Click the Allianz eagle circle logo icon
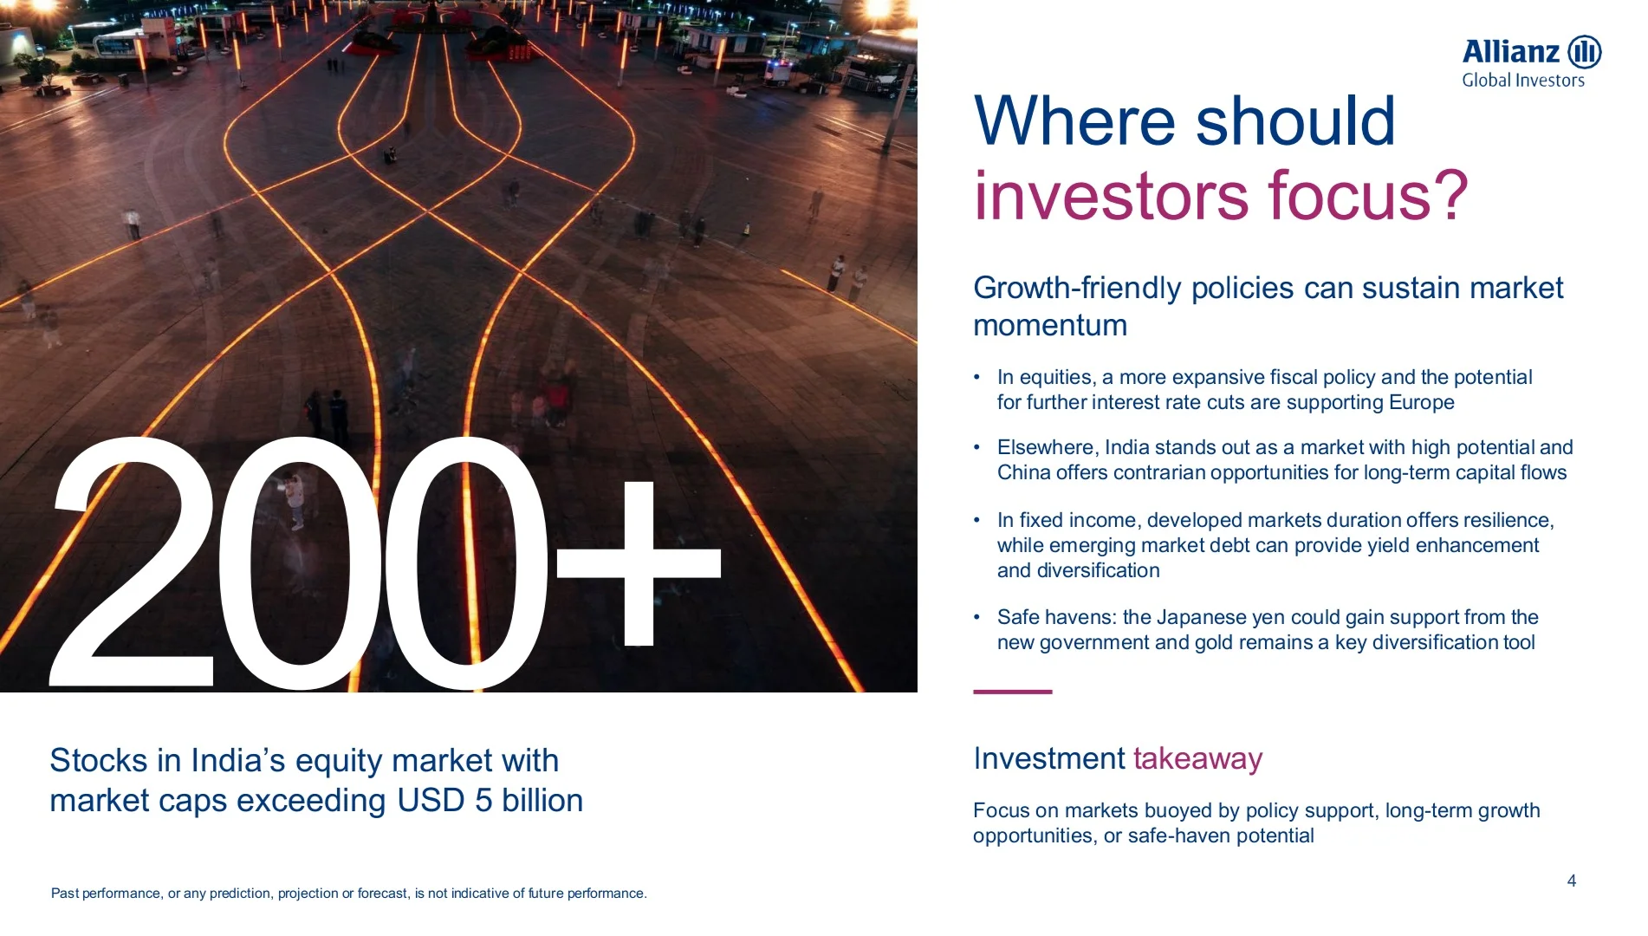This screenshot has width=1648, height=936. click(1585, 52)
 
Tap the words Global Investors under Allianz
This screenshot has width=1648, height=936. click(1522, 81)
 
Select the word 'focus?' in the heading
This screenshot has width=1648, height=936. click(1368, 196)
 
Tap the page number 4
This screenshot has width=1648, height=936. click(1571, 881)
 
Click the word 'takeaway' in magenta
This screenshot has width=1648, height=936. click(1197, 758)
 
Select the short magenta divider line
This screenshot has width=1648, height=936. click(1012, 692)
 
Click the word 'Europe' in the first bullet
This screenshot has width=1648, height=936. click(1421, 402)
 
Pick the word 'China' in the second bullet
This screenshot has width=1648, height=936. click(1023, 472)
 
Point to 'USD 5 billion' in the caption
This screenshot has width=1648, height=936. click(490, 800)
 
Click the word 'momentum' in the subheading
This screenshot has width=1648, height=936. click(1050, 326)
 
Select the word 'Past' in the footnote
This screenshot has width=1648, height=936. click(64, 893)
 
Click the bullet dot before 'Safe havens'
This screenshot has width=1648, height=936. click(976, 617)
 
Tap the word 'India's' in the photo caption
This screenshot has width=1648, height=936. click(237, 760)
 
